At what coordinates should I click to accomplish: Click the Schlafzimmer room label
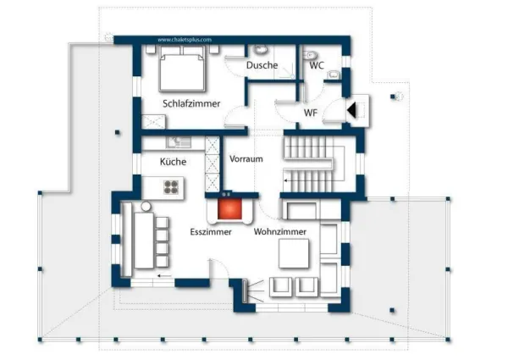point(191,103)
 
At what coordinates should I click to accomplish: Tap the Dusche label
point(262,65)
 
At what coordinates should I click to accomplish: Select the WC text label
point(316,65)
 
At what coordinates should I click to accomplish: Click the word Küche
point(173,162)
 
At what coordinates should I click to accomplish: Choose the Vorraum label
point(246,158)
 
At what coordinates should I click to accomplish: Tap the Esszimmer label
point(211,231)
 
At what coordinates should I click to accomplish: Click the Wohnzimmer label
point(280,231)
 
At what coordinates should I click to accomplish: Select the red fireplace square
point(228,208)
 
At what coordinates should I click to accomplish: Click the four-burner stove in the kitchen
point(172,186)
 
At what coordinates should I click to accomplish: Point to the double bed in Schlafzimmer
point(183,69)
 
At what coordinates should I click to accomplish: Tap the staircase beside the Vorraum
point(312,166)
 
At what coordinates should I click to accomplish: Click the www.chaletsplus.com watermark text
point(184,39)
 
